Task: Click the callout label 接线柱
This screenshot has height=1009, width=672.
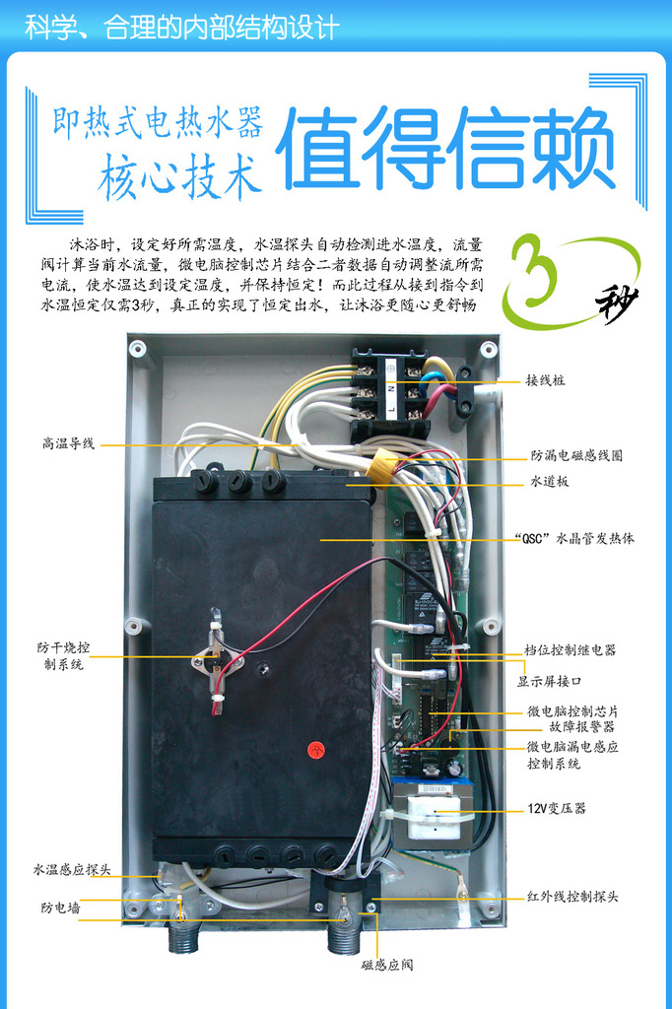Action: [545, 380]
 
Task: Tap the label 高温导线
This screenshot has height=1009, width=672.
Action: [68, 444]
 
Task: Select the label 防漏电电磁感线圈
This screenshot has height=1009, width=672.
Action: [576, 456]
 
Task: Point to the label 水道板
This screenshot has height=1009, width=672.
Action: [549, 482]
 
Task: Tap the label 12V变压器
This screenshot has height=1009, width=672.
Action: [557, 808]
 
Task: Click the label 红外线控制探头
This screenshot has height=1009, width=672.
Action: [572, 897]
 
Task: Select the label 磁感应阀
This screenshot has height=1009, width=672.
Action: [387, 965]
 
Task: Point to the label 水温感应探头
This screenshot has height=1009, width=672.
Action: [72, 870]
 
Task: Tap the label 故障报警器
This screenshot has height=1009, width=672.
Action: [582, 727]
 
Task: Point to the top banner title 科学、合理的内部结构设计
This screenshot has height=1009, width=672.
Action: [182, 27]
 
